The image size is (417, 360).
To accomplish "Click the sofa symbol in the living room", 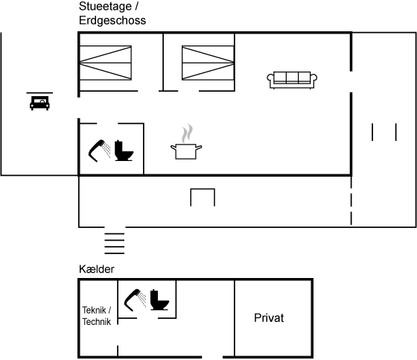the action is coord(292,80).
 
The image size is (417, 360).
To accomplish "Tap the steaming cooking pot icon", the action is coord(186,151).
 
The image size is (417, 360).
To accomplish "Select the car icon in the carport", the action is coord(39,103).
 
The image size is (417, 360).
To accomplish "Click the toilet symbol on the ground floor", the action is coord(124,151).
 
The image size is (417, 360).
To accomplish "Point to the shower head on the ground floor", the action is coord(99,151).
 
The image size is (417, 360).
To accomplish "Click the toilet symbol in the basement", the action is coord(159,300).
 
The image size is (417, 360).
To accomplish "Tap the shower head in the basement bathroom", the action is coord(135,300).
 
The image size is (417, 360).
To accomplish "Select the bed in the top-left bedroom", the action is coord(106,63).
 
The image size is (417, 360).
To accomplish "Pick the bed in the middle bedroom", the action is coord(208,63).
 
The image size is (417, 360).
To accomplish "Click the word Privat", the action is coord(269,318).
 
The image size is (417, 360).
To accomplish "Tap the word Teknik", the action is coord(94,310).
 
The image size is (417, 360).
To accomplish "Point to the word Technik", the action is coord(97,322).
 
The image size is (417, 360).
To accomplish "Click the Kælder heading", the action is coord(97,269).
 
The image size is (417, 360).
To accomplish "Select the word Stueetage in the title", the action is coord(105,7).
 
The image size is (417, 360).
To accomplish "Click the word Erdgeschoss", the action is coord(112,21).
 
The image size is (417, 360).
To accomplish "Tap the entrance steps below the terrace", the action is coord(115,244).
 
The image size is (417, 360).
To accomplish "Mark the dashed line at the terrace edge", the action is coord(351,200).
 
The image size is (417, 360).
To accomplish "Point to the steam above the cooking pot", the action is coord(187,133).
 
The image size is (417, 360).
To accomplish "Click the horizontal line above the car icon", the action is coord(39,93).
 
